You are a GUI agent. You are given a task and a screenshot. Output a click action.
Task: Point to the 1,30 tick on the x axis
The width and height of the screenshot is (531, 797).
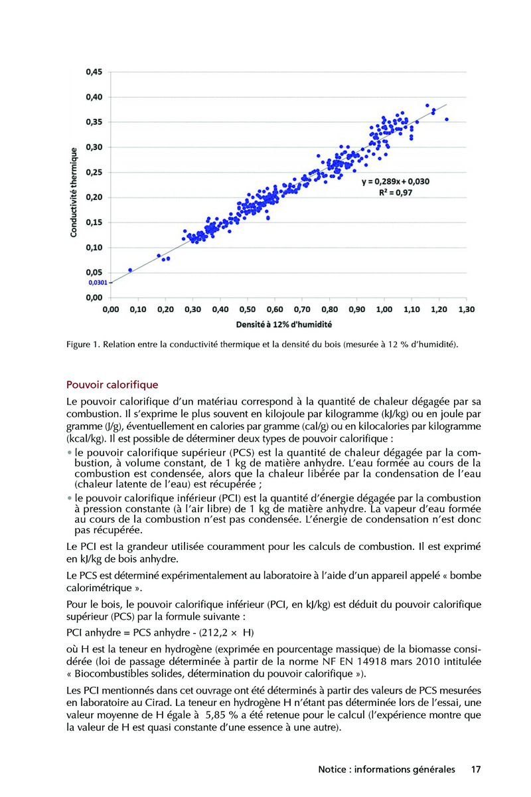pyautogui.click(x=467, y=310)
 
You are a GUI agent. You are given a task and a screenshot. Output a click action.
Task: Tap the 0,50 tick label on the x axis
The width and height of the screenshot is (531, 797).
pyautogui.click(x=247, y=310)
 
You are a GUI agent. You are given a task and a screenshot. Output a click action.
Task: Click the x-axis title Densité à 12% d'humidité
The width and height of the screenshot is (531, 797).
pyautogui.click(x=284, y=325)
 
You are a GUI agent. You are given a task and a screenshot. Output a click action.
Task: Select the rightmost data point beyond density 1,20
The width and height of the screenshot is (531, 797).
pyautogui.click(x=447, y=120)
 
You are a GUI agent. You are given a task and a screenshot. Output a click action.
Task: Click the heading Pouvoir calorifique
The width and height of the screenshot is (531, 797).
pyautogui.click(x=112, y=385)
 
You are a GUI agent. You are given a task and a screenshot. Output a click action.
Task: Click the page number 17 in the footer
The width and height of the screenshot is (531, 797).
pyautogui.click(x=475, y=770)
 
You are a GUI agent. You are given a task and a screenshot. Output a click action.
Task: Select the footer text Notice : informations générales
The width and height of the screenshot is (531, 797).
pyautogui.click(x=387, y=770)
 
